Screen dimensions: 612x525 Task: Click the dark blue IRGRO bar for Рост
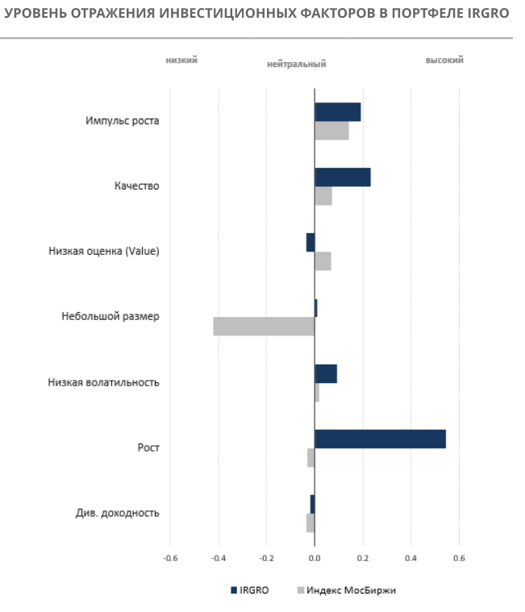(380, 439)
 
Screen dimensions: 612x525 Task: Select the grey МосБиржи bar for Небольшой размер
(264, 326)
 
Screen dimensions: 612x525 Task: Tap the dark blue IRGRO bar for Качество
(343, 177)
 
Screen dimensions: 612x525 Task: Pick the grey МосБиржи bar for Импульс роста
(331, 131)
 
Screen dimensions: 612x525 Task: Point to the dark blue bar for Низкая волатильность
(326, 373)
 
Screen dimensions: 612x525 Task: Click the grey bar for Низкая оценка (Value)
(323, 261)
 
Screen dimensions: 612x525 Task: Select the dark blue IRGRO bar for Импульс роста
(338, 112)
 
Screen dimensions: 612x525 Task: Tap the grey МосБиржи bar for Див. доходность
(310, 522)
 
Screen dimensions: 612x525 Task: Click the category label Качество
(136, 186)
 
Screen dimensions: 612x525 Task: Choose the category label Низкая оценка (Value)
(104, 252)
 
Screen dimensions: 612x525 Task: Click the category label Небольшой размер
(110, 316)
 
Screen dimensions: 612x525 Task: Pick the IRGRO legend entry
(249, 590)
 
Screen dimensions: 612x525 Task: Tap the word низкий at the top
(181, 60)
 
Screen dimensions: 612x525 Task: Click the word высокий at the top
(444, 60)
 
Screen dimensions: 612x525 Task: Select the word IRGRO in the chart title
(489, 14)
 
